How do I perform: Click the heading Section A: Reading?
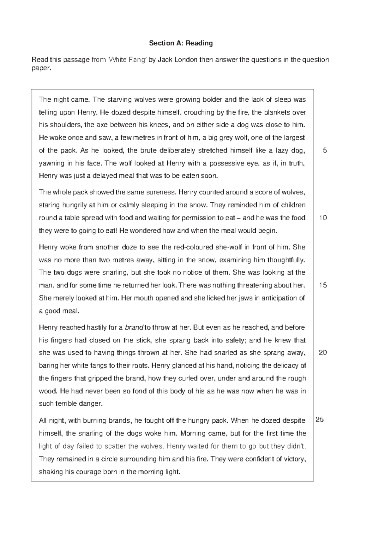pos(181,43)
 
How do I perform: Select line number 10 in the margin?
pos(323,218)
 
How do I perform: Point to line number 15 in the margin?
pos(323,285)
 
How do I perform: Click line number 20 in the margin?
pos(323,353)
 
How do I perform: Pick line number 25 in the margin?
pos(320,420)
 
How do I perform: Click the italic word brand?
pos(134,327)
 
